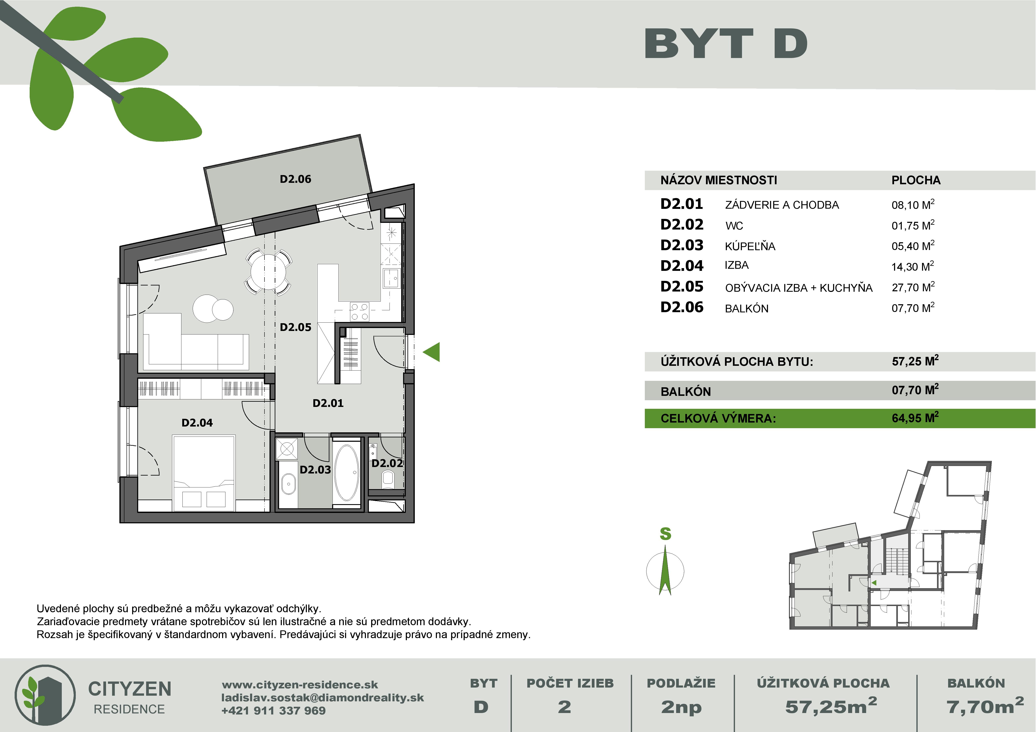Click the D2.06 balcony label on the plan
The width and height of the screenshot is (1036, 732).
click(296, 179)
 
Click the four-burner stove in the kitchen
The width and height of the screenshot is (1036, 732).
click(359, 312)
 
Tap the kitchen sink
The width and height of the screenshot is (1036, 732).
click(391, 278)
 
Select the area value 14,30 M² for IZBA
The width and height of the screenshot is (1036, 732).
click(912, 266)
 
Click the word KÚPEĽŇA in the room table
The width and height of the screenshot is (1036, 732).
click(750, 246)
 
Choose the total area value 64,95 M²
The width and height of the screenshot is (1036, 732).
click(915, 418)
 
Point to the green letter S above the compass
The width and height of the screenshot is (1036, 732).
click(665, 534)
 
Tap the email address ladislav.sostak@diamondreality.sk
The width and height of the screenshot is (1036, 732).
click(322, 698)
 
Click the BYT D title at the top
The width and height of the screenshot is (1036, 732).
click(726, 44)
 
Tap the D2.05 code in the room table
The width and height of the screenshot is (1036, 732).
click(681, 286)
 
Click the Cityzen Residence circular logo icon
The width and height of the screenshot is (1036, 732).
click(45, 695)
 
